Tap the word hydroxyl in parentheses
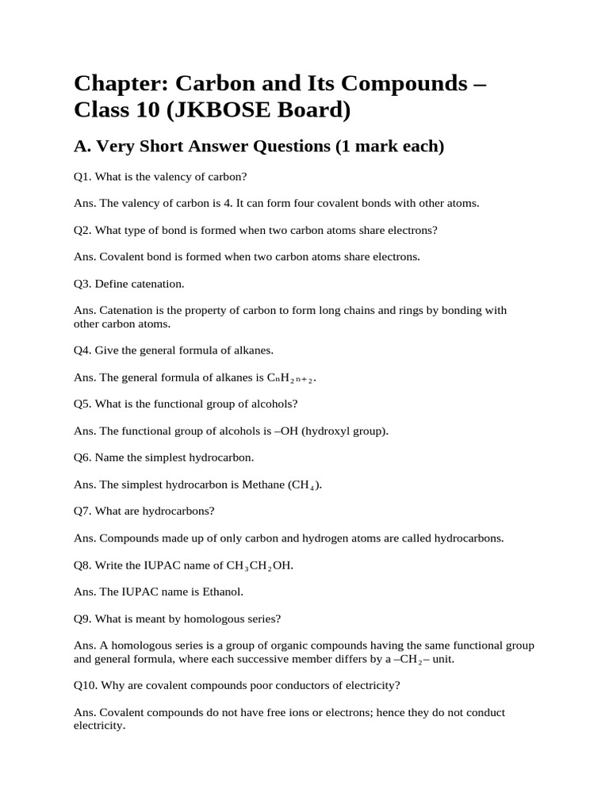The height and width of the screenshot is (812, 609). coord(324,431)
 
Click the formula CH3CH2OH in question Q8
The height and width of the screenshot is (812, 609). coord(254,565)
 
